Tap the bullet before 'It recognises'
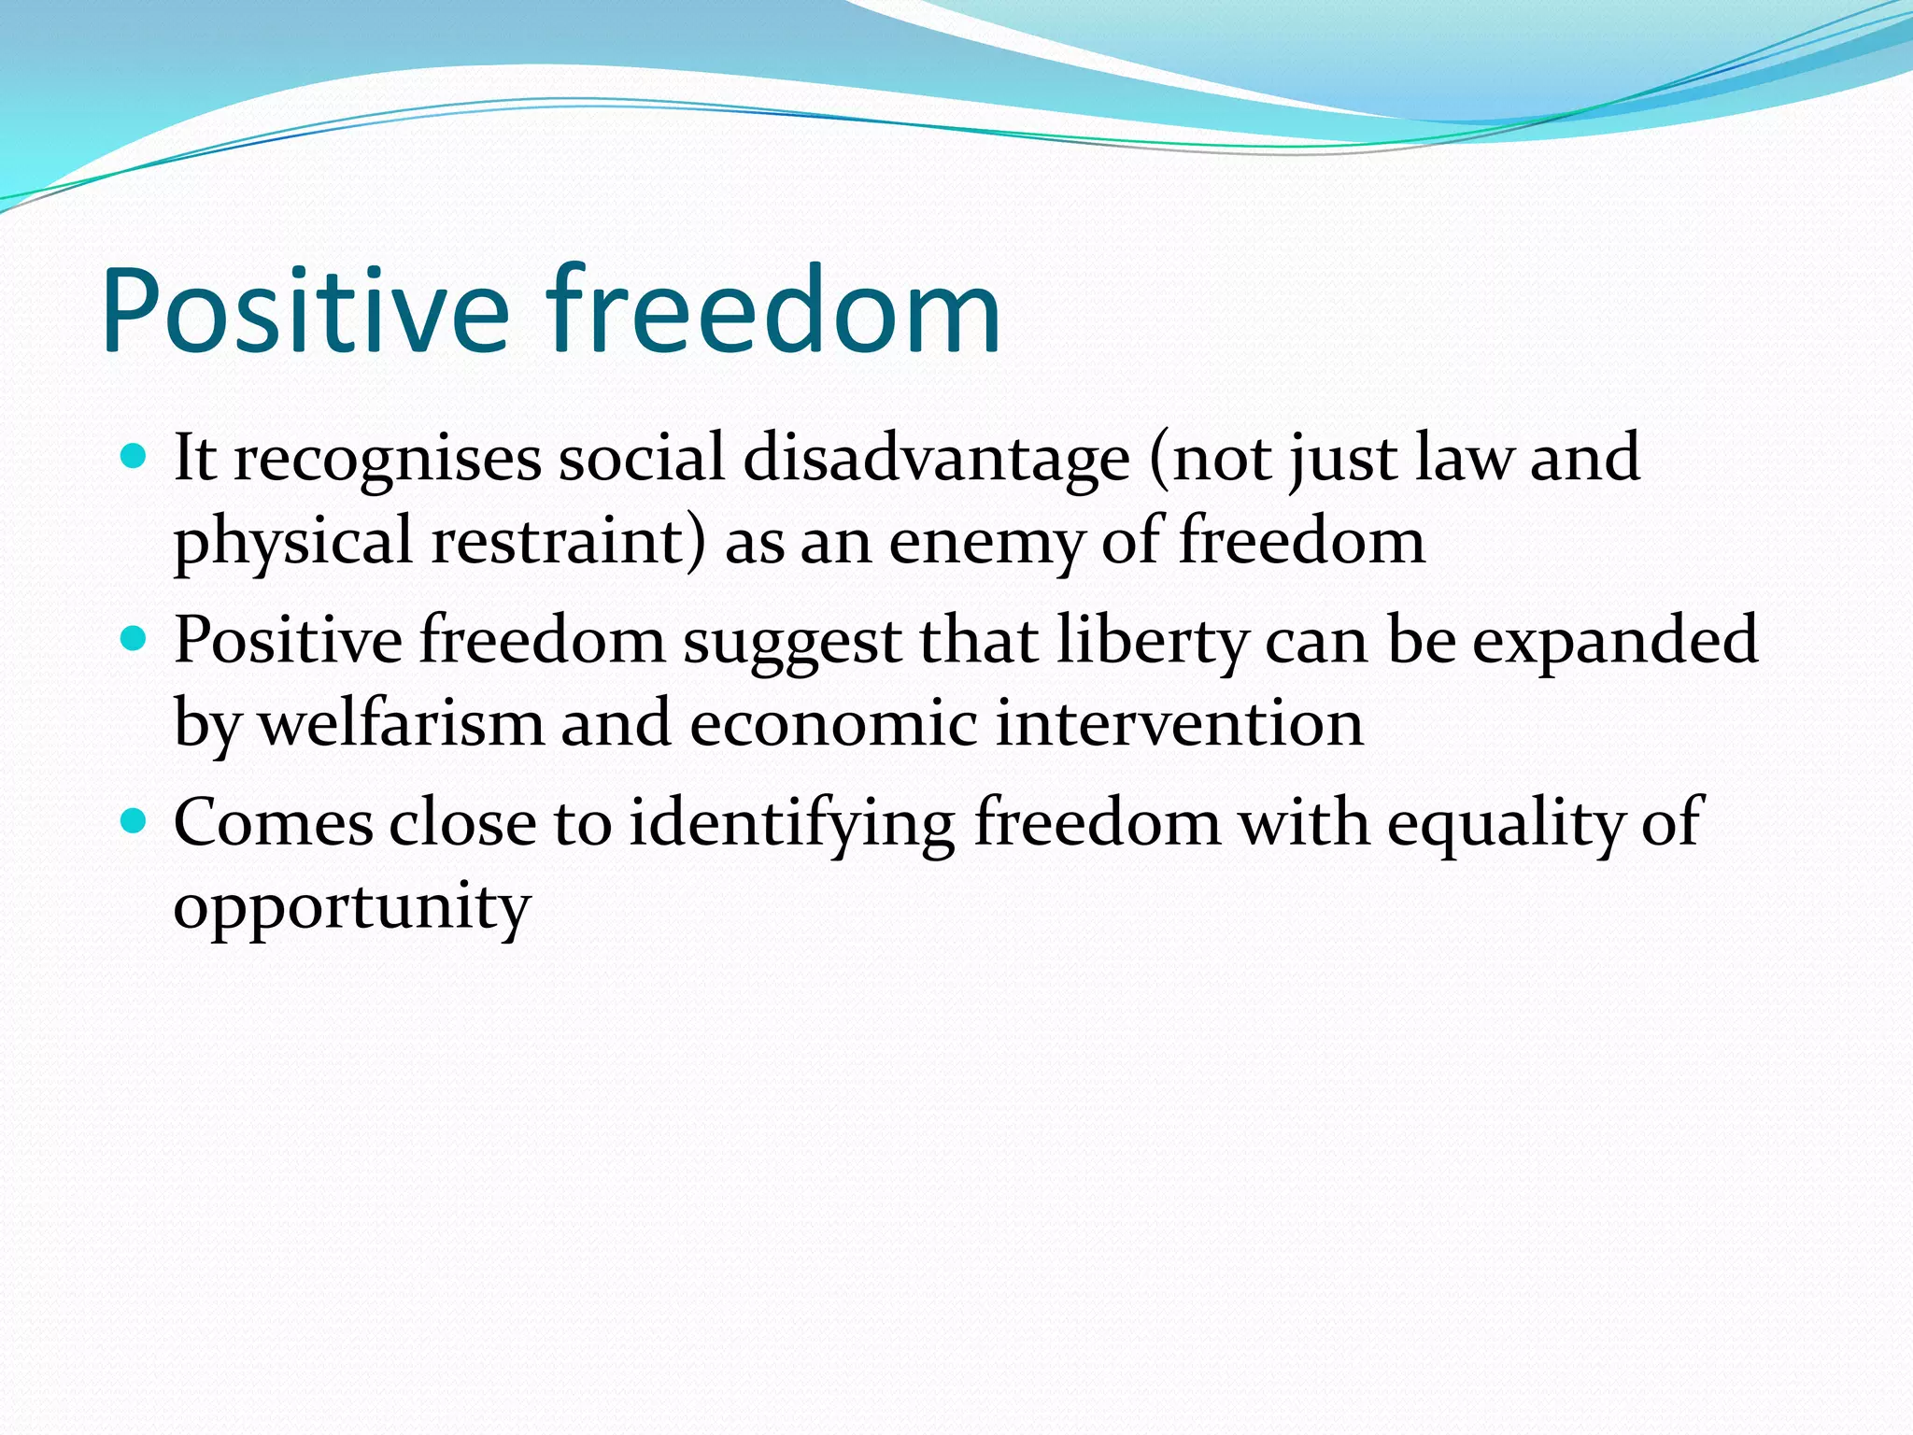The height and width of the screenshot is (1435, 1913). tap(135, 456)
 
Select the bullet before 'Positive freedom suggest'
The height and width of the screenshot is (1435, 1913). tap(135, 639)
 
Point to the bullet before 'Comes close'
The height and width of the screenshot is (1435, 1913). tap(135, 821)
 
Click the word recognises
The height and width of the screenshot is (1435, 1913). tap(387, 460)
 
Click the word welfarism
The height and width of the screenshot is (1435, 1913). tap(401, 724)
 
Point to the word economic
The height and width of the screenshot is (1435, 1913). tap(832, 724)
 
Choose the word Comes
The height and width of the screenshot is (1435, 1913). tap(273, 823)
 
